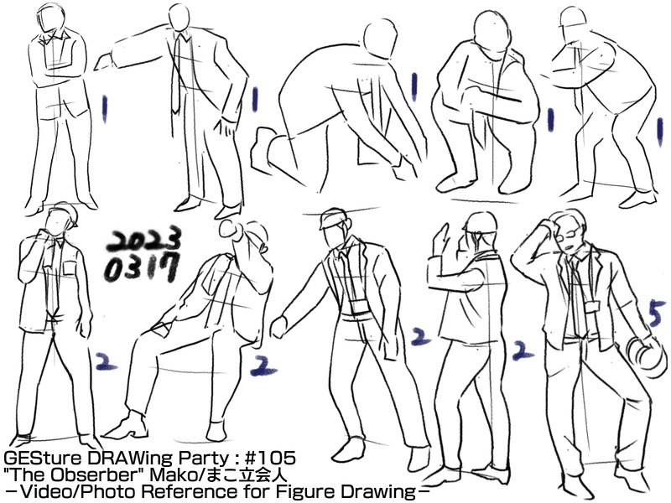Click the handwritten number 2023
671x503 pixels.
click(x=143, y=241)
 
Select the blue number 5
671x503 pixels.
click(x=657, y=313)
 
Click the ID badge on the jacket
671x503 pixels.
click(x=593, y=307)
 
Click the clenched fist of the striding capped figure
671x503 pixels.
click(x=279, y=328)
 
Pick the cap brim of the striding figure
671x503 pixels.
click(x=324, y=224)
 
